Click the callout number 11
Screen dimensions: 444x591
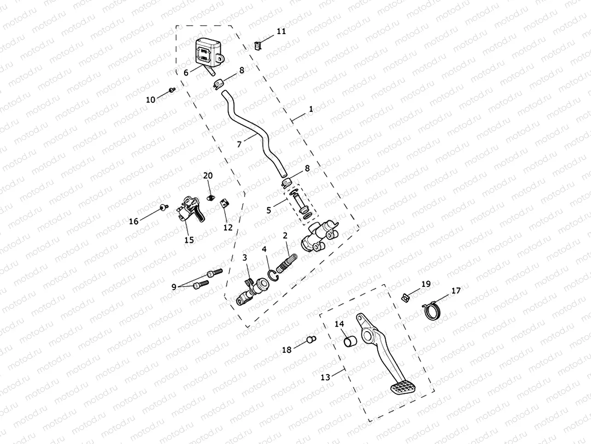click(281, 31)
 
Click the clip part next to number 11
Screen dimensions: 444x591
click(258, 46)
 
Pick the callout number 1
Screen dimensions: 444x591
click(311, 109)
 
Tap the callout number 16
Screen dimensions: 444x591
click(133, 222)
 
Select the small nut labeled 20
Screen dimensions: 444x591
click(210, 197)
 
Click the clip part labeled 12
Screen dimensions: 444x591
click(225, 204)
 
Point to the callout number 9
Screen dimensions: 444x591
click(174, 286)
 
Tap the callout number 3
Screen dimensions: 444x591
click(245, 257)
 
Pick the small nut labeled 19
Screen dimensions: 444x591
click(405, 298)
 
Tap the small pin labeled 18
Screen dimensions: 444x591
click(311, 340)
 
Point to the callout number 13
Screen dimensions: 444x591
click(325, 377)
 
